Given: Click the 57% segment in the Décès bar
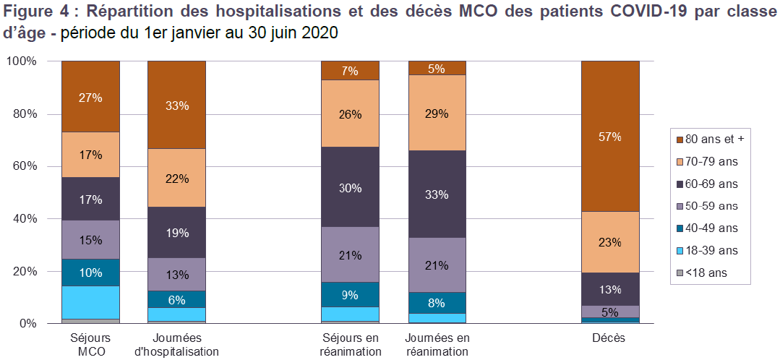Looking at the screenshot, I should coord(611,136).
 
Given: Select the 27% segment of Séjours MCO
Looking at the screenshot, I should coord(90,96).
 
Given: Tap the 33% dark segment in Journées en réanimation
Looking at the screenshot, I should coord(437,194).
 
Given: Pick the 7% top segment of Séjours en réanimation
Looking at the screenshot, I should coord(351,70).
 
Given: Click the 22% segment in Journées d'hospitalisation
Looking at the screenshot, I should coord(176,178).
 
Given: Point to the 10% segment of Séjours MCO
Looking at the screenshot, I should coord(90,273).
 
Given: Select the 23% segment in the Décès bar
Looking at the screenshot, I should coord(611,242).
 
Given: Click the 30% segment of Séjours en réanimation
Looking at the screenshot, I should coord(351,187).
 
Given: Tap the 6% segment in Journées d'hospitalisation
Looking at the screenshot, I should coord(176,299).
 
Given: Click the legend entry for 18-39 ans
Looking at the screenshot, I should coord(715,250).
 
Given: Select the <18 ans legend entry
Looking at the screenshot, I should coord(708,273).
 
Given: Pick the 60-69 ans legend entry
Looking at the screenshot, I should coord(715,183).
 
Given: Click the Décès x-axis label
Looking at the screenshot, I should coord(610,338).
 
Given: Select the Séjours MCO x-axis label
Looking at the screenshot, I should coord(90,344).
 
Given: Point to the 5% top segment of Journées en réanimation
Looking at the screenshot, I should coord(437,68).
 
